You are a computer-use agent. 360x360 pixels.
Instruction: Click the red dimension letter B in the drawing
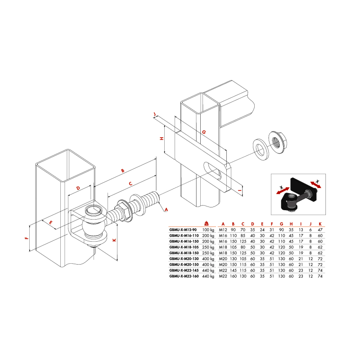click(x=122, y=171)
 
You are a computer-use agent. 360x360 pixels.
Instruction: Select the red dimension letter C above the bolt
click(x=130, y=184)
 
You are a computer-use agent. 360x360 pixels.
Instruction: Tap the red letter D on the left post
click(x=78, y=188)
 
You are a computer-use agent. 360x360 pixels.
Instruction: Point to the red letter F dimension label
click(x=27, y=238)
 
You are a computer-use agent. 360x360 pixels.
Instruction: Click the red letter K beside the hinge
click(x=114, y=240)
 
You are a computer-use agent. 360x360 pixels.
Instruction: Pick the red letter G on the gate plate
click(x=204, y=132)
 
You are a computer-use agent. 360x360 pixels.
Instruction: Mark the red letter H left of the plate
click(x=162, y=139)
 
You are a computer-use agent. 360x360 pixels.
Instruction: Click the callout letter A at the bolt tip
click(x=166, y=209)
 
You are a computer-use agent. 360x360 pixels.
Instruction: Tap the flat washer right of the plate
click(x=261, y=149)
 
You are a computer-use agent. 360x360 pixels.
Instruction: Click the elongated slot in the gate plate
click(x=212, y=171)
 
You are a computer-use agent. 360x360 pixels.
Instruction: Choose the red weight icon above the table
click(x=207, y=223)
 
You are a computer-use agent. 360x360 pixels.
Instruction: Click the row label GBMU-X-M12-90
click(x=183, y=230)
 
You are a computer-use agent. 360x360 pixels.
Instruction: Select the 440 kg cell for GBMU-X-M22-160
click(x=208, y=276)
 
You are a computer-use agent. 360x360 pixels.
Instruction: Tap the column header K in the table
click(x=320, y=224)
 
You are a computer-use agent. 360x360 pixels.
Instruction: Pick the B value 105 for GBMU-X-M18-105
click(x=233, y=247)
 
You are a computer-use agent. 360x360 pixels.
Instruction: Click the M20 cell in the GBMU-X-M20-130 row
click(x=223, y=259)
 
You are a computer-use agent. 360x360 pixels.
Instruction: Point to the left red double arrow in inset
click(x=283, y=190)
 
